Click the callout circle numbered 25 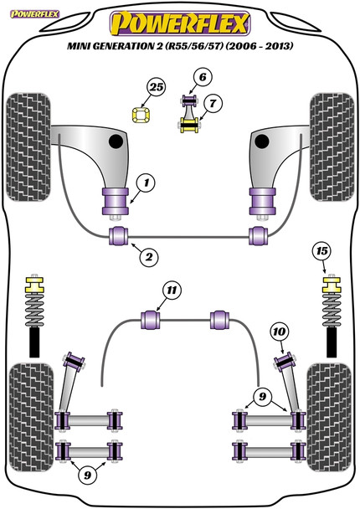coord(157,87)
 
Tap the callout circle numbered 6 coord(203,77)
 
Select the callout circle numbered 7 coord(213,104)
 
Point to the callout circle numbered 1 coord(146,183)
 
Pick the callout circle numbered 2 coord(149,257)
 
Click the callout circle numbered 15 coord(322,251)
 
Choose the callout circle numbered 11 coord(172,290)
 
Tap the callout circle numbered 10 coord(279,332)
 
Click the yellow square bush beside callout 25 coord(142,115)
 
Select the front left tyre coord(28,147)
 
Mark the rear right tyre coord(329,417)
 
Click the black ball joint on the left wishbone coord(116,141)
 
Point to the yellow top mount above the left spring coord(34,285)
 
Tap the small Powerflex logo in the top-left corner coord(34,14)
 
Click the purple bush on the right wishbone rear coord(262,201)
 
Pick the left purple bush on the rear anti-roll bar coord(151,320)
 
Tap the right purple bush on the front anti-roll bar coord(259,236)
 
